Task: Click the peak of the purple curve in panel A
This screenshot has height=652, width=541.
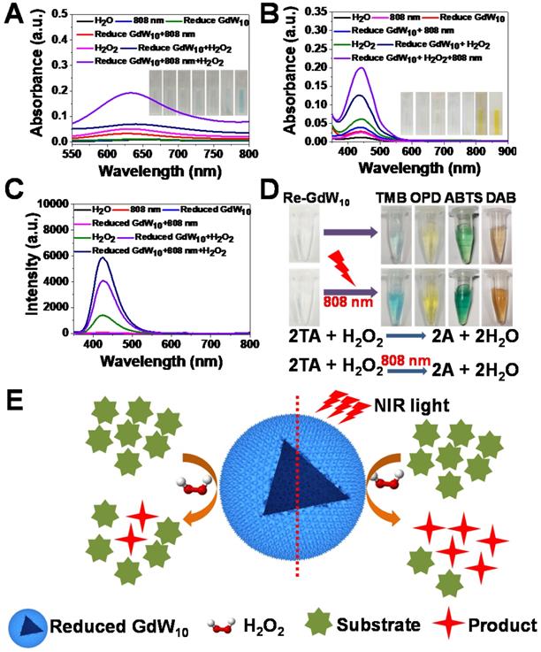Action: coord(133,92)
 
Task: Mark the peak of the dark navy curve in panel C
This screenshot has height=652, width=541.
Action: coord(104,258)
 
